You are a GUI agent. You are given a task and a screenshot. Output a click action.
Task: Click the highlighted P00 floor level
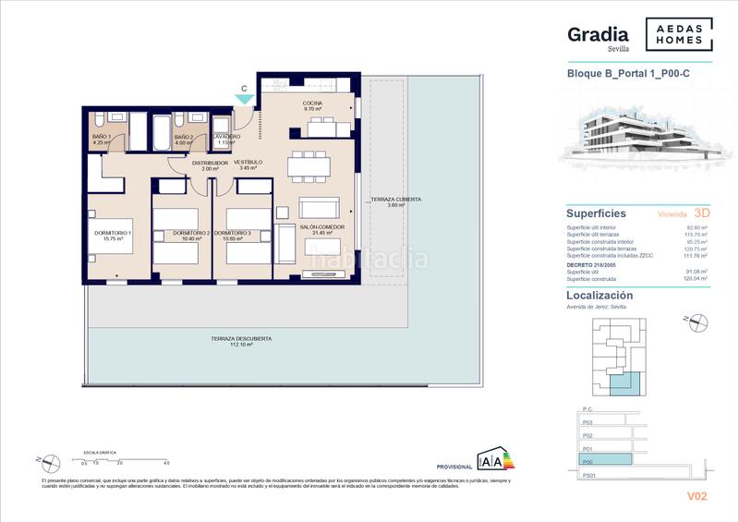point(606,459)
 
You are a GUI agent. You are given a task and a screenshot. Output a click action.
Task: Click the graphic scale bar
point(124,456)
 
